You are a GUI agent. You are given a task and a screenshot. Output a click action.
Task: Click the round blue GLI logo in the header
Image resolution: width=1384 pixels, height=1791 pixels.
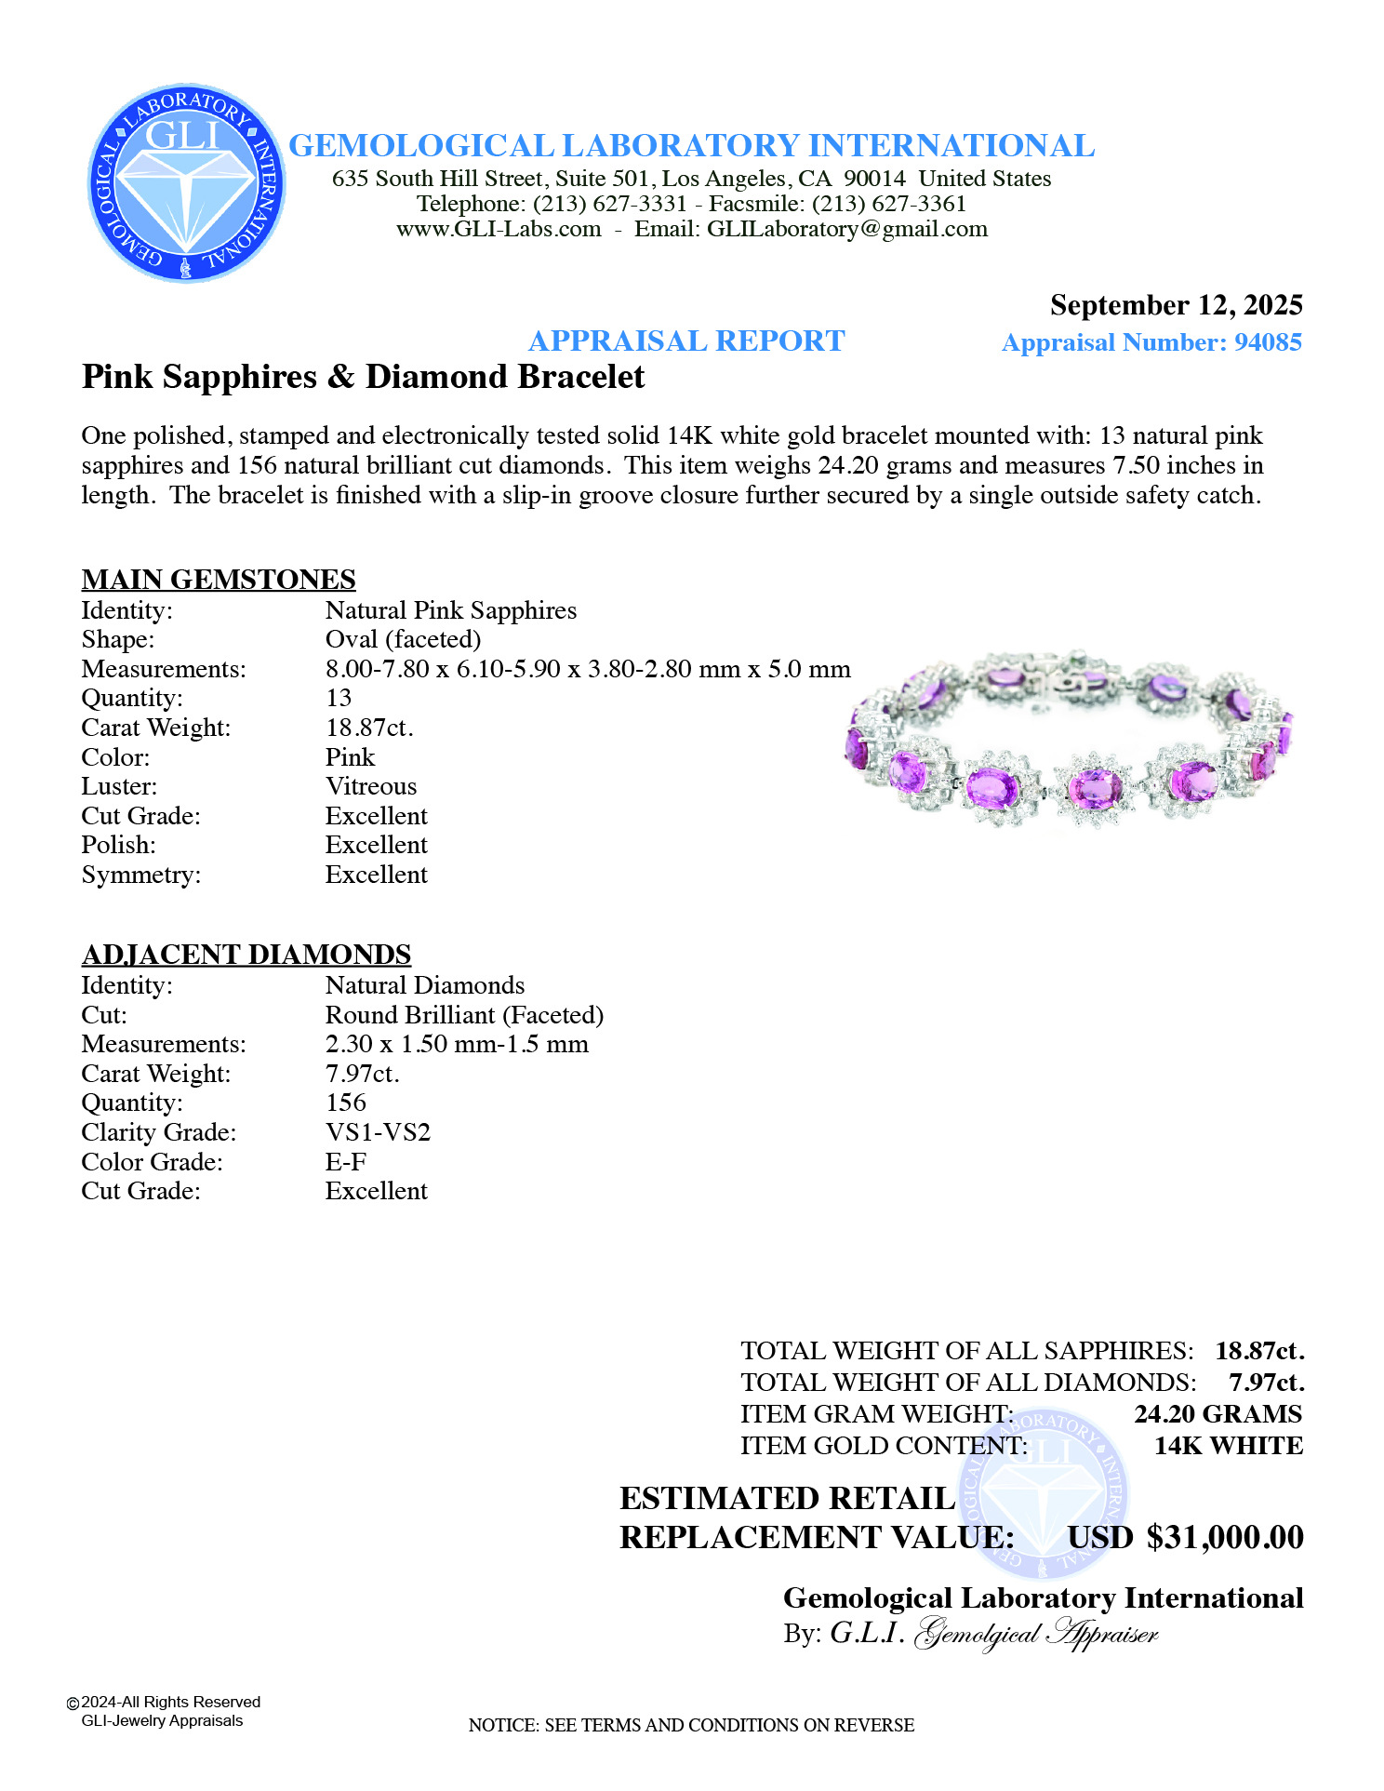(x=186, y=183)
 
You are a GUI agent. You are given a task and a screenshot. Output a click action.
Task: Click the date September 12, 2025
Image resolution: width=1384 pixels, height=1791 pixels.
(x=1176, y=305)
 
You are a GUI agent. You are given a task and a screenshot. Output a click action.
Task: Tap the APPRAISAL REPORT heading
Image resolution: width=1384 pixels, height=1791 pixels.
(x=686, y=341)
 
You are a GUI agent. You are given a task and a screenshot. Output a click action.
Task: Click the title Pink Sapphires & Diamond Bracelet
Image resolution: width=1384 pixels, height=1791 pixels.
(x=363, y=377)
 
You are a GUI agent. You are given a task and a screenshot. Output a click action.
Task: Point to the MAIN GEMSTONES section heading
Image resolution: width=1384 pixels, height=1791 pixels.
(x=219, y=579)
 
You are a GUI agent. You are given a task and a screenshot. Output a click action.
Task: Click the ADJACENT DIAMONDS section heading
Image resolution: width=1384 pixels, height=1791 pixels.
(x=246, y=954)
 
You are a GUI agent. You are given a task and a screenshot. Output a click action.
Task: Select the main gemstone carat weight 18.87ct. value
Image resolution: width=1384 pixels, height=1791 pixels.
(x=369, y=728)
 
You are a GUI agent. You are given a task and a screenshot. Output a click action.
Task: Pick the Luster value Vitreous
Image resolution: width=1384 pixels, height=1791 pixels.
(x=371, y=786)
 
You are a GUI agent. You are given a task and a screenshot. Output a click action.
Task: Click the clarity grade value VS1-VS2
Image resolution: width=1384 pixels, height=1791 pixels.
(x=378, y=1132)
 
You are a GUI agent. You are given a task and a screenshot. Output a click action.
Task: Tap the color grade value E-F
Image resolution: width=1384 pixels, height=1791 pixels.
(x=346, y=1162)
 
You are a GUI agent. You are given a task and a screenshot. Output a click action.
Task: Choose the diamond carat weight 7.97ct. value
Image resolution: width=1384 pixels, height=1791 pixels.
(x=363, y=1074)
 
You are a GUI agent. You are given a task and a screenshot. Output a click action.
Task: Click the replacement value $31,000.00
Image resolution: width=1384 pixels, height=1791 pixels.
(x=1225, y=1537)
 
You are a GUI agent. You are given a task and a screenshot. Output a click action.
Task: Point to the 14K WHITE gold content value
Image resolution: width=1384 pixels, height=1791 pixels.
(x=1228, y=1446)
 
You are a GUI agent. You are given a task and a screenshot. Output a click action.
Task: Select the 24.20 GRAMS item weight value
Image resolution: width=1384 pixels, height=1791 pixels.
(x=1218, y=1414)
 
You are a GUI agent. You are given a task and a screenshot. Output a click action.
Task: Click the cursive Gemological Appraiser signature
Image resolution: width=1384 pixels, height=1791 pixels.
(x=1037, y=1634)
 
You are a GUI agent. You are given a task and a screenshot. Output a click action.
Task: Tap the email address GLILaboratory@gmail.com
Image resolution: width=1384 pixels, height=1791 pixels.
(x=847, y=229)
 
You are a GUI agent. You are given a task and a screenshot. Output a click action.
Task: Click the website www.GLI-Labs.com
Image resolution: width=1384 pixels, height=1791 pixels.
(x=499, y=229)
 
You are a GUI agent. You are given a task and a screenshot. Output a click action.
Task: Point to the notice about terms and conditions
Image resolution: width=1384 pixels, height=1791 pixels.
(x=691, y=1725)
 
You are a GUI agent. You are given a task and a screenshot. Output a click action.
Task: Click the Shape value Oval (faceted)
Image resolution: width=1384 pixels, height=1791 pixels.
(x=403, y=639)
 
